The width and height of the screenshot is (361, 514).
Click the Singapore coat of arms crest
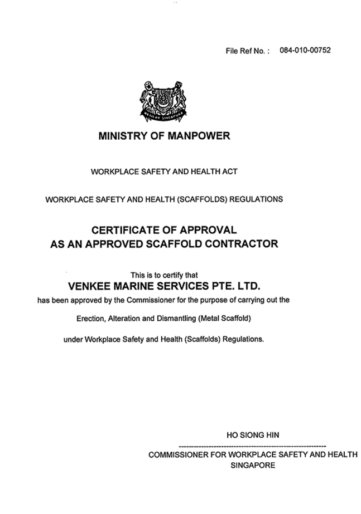point(163,101)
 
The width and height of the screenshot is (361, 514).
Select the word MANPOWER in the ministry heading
point(198,136)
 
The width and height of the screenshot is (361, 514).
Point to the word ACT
point(230,172)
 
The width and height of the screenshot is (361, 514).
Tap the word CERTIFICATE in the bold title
point(126,230)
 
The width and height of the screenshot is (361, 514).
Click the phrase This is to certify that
point(164,275)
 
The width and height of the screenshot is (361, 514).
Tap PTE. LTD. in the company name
point(237,286)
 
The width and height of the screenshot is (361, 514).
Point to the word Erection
point(89,319)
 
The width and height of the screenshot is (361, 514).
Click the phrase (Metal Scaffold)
point(226,319)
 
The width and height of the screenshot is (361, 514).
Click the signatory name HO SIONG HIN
point(252,435)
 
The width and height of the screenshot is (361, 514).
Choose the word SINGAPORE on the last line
point(252,465)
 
